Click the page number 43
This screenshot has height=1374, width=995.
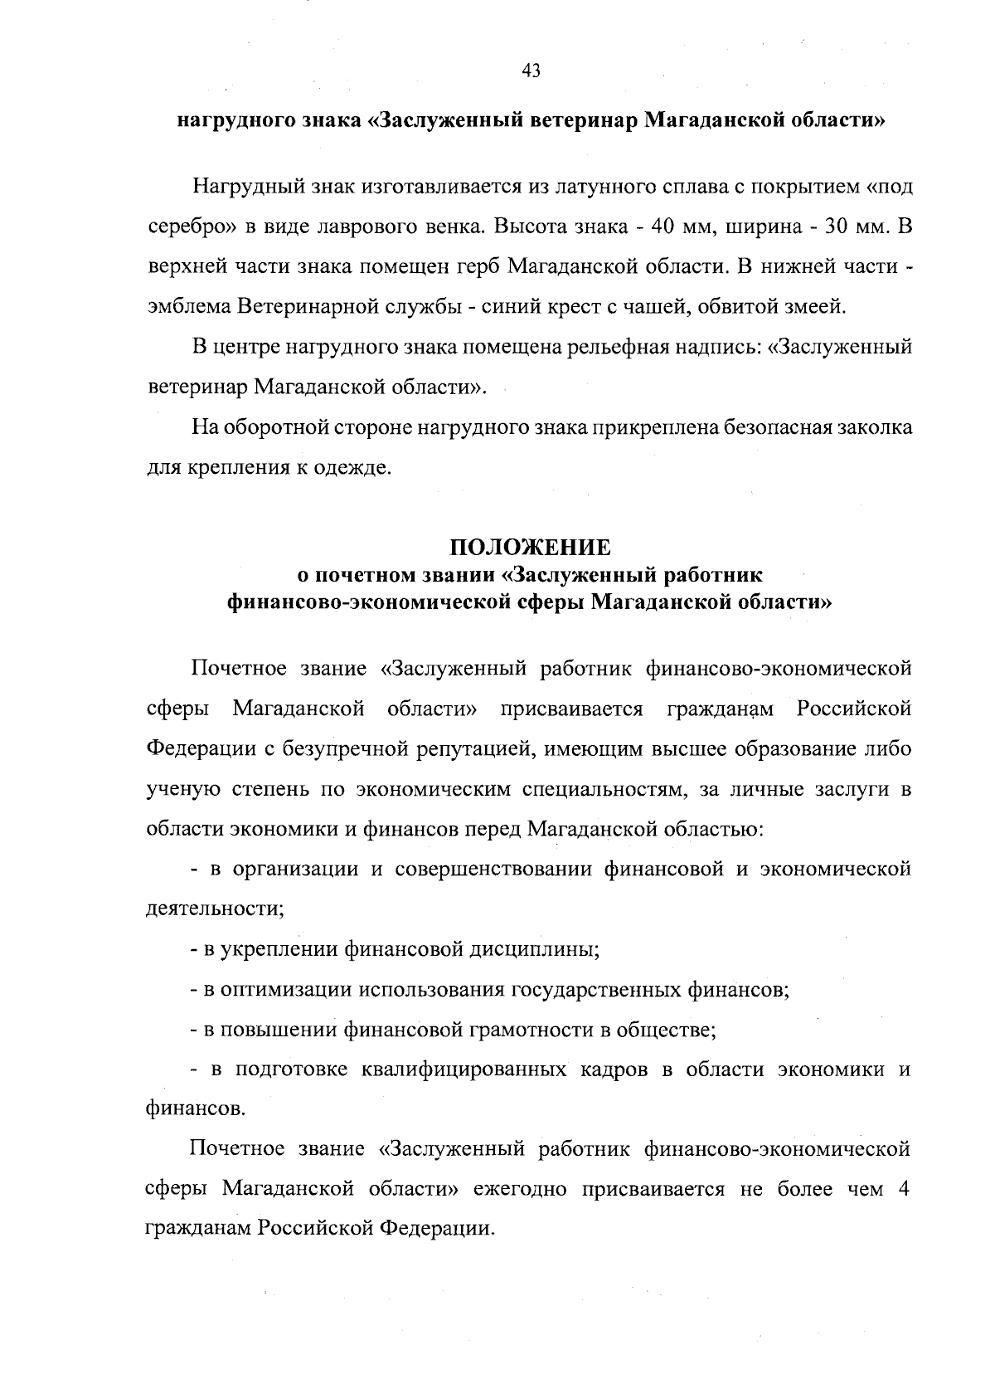[x=531, y=71]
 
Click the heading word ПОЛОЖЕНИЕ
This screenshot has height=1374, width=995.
[x=531, y=548]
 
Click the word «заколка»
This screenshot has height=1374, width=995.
[x=876, y=428]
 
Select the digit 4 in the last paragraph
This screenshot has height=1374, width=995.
[x=903, y=1189]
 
